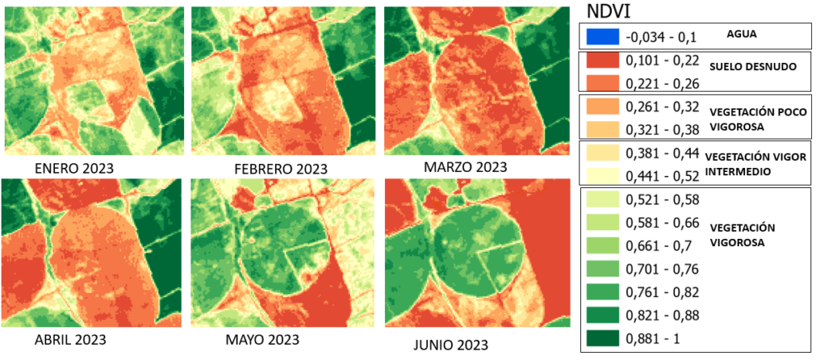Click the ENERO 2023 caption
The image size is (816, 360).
tap(74, 168)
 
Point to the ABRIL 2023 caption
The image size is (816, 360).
tap(70, 339)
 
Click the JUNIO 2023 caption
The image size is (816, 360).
tap(450, 345)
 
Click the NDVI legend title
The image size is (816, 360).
tap(610, 11)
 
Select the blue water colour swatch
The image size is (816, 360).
tap(602, 37)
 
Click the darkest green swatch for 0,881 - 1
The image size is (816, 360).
tap(602, 338)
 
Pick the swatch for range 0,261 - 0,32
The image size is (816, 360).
tap(602, 107)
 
